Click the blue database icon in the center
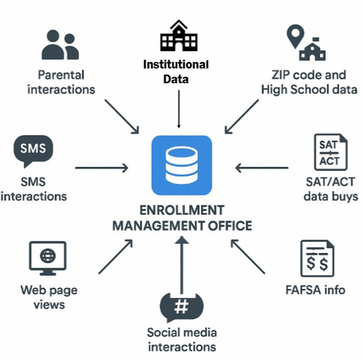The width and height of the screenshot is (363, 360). click(181, 165)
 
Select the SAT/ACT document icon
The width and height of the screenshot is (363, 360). click(331, 152)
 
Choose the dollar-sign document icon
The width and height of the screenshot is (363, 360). click(317, 259)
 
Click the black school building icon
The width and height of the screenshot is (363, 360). click(179, 36)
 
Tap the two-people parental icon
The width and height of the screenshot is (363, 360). click(60, 44)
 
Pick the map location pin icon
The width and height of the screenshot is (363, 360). click(295, 37)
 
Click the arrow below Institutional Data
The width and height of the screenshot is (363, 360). click(179, 109)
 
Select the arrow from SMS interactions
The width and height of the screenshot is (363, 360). click(101, 168)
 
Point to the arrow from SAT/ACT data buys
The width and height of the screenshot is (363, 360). click(262, 168)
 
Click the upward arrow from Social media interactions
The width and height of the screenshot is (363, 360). click(181, 265)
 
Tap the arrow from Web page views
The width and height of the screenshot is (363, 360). click(116, 256)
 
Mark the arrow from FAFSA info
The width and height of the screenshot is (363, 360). click(248, 256)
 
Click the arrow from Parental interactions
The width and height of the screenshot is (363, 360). click(122, 117)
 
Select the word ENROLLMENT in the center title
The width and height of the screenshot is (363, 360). click(182, 210)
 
